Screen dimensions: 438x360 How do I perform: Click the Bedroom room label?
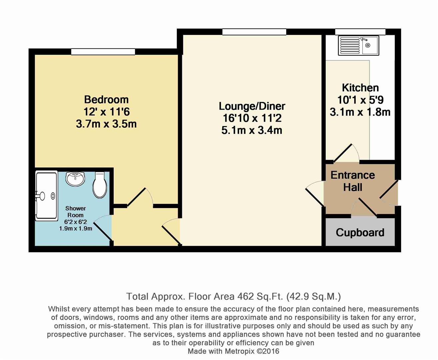[x=106, y=100]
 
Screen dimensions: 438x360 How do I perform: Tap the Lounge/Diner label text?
[x=252, y=106]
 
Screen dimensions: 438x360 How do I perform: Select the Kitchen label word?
[x=360, y=88]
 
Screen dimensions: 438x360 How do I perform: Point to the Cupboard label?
[x=360, y=233]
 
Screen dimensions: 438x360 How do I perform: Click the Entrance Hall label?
[x=353, y=181]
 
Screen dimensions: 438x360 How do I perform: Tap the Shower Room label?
[x=75, y=212]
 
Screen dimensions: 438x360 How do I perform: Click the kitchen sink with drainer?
[x=358, y=46]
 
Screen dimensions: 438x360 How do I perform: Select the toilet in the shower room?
[x=100, y=185]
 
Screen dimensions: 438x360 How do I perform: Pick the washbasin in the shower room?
[x=75, y=179]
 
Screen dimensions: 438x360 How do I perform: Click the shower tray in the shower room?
[x=47, y=196]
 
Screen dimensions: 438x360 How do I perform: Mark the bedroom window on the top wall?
[x=103, y=52]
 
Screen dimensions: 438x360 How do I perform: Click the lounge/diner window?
[x=254, y=32]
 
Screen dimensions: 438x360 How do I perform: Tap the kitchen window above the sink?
[x=360, y=32]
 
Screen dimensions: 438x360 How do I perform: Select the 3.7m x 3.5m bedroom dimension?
[x=106, y=124]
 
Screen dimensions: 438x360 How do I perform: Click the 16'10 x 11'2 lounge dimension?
[x=252, y=118]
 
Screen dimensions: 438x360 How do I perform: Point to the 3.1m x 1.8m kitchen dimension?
[x=360, y=112]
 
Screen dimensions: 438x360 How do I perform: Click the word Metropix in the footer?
[x=240, y=351]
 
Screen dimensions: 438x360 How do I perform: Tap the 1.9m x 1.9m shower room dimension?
[x=76, y=229]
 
